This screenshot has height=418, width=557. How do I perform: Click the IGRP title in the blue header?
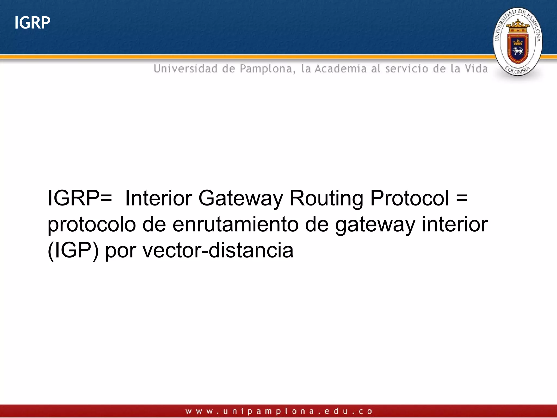click(x=32, y=23)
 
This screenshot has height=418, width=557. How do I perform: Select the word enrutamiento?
click(x=236, y=225)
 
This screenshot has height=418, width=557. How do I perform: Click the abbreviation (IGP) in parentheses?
click(x=73, y=250)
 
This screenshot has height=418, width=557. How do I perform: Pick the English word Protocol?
click(x=410, y=198)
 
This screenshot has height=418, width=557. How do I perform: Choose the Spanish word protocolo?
click(x=92, y=225)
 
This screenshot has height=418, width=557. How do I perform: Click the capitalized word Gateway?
click(x=241, y=198)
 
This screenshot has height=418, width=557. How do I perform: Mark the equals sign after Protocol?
click(x=462, y=198)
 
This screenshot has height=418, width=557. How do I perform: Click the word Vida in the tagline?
click(x=476, y=69)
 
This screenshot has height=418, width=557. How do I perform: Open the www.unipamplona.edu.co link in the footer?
click(x=279, y=411)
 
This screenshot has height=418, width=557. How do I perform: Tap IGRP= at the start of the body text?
click(x=80, y=198)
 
